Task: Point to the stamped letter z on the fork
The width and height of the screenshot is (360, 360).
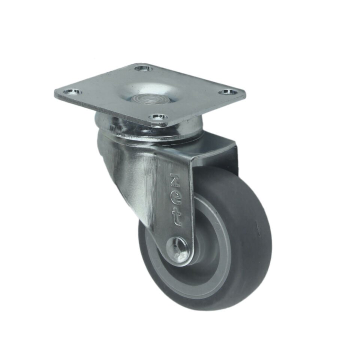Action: [x=176, y=179]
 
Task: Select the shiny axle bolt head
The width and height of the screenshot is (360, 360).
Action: [x=177, y=250]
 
